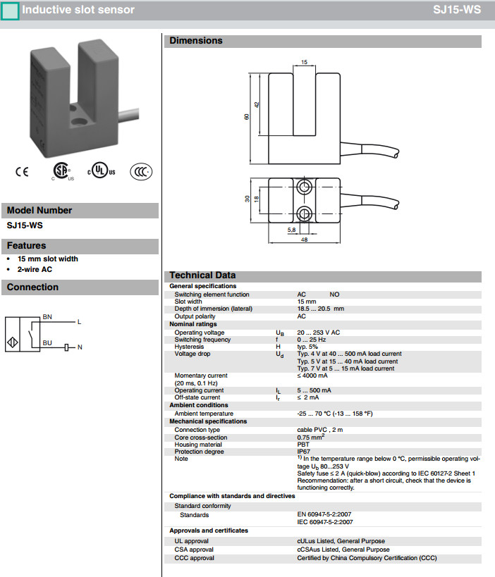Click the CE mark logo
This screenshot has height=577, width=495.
tap(22, 172)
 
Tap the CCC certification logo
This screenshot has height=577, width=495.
tap(141, 172)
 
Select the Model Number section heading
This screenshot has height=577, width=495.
tap(39, 210)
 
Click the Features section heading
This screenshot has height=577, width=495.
tap(27, 246)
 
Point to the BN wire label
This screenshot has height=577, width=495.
tap(47, 317)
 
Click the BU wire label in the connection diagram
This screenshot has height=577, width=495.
tap(47, 342)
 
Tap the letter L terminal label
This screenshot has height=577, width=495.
tap(79, 322)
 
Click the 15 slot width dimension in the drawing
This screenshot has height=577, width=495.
tap(304, 63)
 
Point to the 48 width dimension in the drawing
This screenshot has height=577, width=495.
tap(304, 240)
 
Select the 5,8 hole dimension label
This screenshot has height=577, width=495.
tap(291, 230)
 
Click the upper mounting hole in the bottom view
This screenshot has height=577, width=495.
tap(304, 187)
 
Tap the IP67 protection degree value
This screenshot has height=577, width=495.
tap(304, 452)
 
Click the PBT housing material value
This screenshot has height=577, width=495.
tap(303, 445)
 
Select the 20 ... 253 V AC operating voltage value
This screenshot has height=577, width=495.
tap(318, 333)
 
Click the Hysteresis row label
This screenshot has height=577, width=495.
tap(188, 347)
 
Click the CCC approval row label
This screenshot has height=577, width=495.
tap(194, 558)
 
